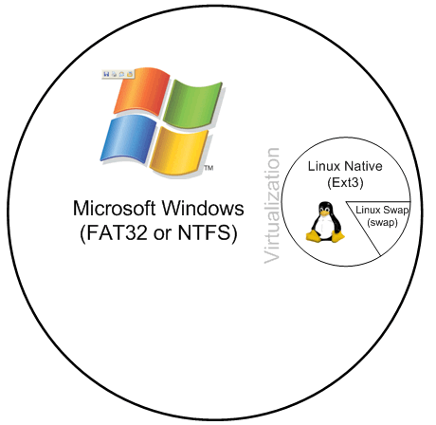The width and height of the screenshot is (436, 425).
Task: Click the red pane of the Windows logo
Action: (x=142, y=91)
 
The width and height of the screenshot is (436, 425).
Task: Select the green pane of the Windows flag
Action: (x=192, y=103)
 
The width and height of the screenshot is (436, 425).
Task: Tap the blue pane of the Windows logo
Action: (x=129, y=139)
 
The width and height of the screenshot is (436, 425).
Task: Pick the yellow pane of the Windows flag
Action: (x=178, y=151)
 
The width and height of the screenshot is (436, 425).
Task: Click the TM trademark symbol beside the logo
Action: (x=209, y=168)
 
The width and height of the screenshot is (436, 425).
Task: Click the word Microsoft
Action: (x=115, y=209)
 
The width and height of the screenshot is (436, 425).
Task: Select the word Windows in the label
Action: (x=203, y=209)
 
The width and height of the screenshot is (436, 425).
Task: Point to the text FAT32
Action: (x=117, y=232)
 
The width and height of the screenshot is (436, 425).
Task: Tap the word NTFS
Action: (x=205, y=232)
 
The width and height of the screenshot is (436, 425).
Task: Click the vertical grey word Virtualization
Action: (x=272, y=206)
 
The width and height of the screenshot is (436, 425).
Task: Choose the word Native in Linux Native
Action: (x=363, y=166)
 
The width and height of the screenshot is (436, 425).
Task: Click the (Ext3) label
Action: (x=345, y=182)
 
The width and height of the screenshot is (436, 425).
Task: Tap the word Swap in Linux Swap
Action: (x=395, y=210)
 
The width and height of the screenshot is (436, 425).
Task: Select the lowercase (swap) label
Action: (x=382, y=223)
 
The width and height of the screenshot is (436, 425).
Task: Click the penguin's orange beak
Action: (x=324, y=212)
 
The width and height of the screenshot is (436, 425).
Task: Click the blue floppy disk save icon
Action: (x=106, y=74)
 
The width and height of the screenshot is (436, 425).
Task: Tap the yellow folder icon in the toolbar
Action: (x=129, y=74)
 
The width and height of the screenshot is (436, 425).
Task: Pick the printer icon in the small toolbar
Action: (x=114, y=74)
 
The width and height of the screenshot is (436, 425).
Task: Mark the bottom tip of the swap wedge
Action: (x=380, y=255)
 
